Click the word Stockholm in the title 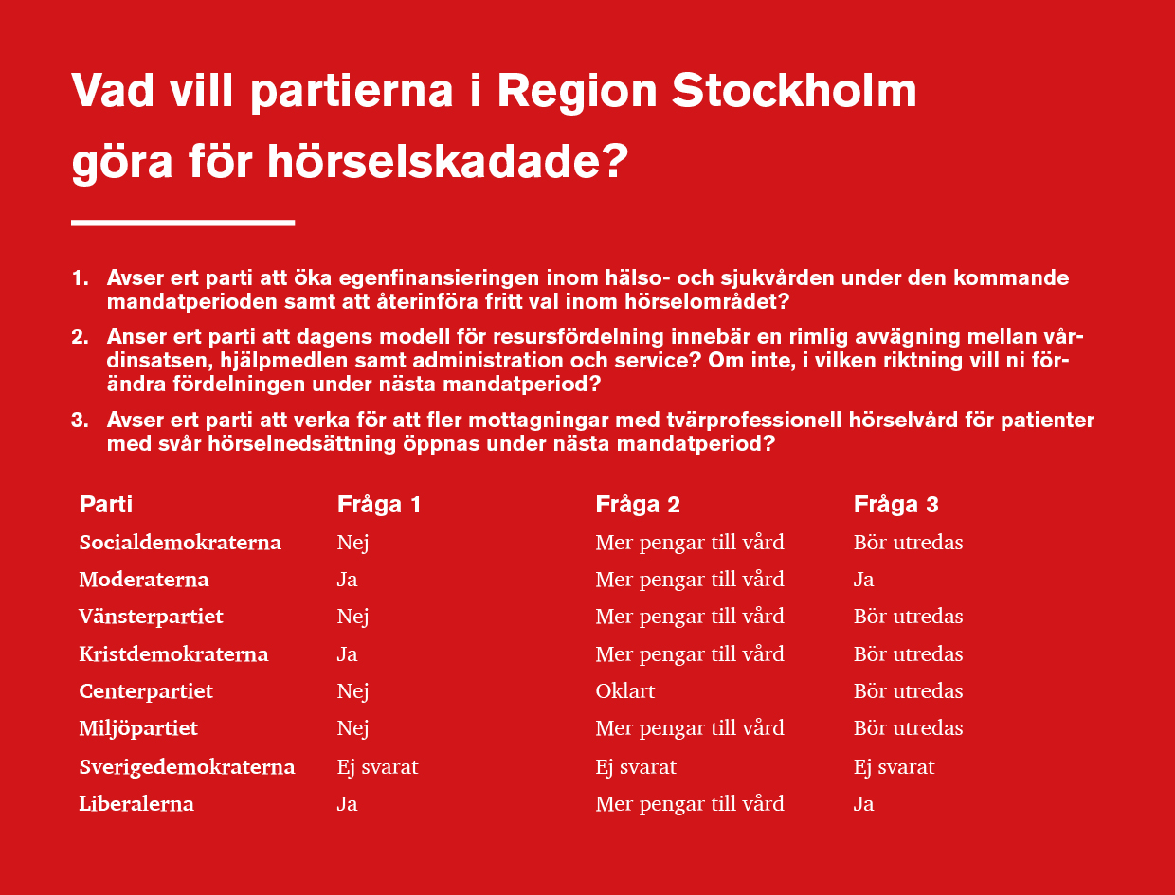(794, 90)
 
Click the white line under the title (183, 223)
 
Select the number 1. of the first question (81, 278)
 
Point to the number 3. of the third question (81, 420)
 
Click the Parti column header (105, 504)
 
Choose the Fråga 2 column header (638, 505)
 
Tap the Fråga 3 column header (896, 505)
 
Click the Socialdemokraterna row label (180, 543)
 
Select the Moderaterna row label (144, 580)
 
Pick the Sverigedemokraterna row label (187, 767)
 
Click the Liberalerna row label (136, 803)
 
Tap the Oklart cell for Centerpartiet (625, 691)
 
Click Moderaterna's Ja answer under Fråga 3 (863, 580)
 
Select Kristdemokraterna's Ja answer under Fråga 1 (347, 653)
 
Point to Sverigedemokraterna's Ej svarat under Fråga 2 (636, 767)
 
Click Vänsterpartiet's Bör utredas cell (909, 617)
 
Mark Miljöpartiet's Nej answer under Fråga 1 (352, 728)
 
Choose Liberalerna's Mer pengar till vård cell (690, 804)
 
